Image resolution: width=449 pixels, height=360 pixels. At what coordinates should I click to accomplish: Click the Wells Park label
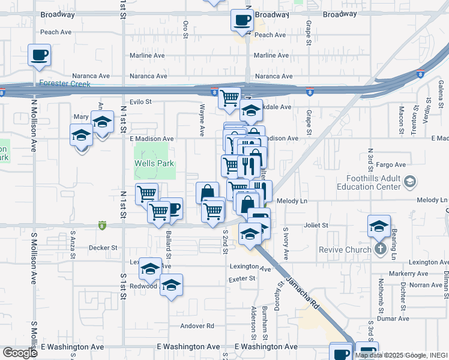click(x=154, y=163)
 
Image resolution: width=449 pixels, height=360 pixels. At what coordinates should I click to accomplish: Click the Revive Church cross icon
click(x=379, y=249)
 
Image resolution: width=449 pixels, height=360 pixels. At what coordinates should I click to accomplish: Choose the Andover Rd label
click(x=197, y=326)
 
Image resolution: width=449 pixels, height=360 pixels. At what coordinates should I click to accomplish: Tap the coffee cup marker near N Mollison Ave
click(x=39, y=55)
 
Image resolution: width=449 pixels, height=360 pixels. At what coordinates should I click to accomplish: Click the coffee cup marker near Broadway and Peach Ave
click(x=242, y=20)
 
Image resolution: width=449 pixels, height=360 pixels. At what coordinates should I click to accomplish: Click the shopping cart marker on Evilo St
click(x=229, y=98)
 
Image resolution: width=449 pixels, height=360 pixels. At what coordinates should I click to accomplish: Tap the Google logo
click(x=20, y=353)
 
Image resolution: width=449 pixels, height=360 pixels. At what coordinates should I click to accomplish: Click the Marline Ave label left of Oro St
click(x=147, y=56)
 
